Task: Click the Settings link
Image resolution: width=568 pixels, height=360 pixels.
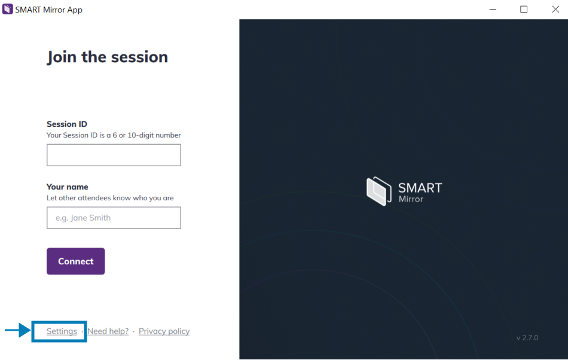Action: click(x=62, y=331)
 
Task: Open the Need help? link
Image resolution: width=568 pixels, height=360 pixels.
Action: click(x=108, y=331)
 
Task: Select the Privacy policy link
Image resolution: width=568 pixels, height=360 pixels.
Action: click(x=164, y=331)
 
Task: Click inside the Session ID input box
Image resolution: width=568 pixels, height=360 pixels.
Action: click(x=114, y=155)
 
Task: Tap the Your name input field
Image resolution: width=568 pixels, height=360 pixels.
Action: click(x=114, y=218)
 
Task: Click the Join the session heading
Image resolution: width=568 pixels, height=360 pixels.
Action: click(x=108, y=57)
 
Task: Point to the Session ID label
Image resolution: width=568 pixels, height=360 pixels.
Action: click(x=66, y=124)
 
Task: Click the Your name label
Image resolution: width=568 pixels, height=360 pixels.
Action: click(x=68, y=187)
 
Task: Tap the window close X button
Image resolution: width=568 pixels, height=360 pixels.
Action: click(x=555, y=10)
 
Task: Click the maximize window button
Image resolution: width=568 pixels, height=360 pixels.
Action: click(x=524, y=10)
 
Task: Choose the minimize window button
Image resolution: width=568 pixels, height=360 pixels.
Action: click(x=493, y=10)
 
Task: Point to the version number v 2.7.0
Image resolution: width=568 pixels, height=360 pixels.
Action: click(x=527, y=337)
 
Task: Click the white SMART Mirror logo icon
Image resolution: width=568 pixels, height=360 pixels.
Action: click(x=378, y=191)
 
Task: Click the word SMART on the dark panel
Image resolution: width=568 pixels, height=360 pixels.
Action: click(x=420, y=188)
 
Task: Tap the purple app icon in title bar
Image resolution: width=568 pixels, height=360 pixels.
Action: click(x=8, y=9)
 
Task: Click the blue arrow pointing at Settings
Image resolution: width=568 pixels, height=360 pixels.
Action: click(x=18, y=330)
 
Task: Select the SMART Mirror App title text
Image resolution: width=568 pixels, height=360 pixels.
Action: click(x=49, y=10)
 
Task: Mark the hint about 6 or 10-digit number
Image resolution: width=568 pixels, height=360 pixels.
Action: click(x=114, y=135)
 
